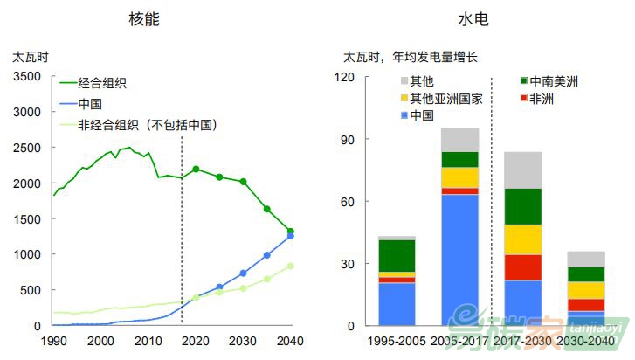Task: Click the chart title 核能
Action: [x=145, y=18]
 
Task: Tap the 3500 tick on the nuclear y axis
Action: [x=27, y=77]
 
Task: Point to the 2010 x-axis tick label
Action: [x=148, y=342]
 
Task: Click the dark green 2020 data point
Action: [x=196, y=169]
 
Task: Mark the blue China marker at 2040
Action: [x=290, y=236]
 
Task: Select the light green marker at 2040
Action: [x=290, y=266]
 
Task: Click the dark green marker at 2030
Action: [x=243, y=182]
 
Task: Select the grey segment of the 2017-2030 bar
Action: [x=522, y=170]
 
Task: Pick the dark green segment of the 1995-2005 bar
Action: [x=397, y=255]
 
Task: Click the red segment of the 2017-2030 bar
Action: [x=522, y=267]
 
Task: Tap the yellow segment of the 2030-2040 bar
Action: [x=586, y=290]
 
